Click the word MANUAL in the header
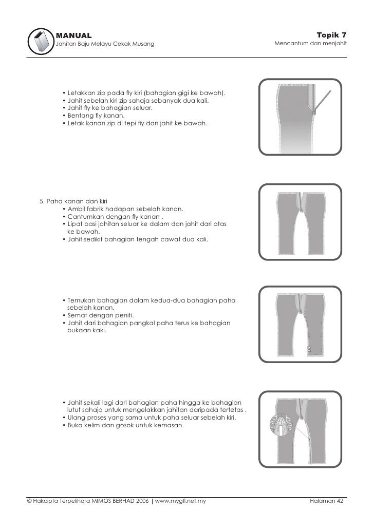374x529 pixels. [x=73, y=35]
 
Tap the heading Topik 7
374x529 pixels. [x=332, y=35]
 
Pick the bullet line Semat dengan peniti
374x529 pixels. [x=99, y=315]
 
